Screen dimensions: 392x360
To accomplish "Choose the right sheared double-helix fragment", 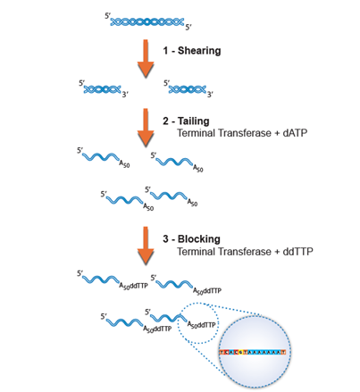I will point(186,89).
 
